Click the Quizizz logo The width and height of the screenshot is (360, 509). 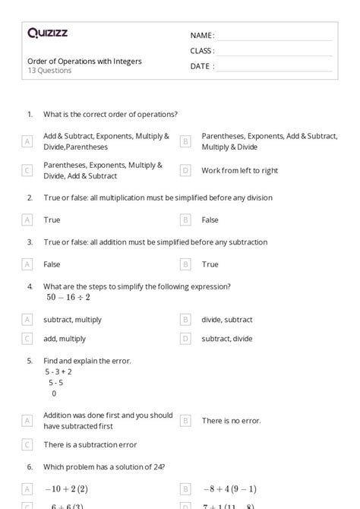47,33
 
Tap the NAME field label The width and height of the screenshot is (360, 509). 201,36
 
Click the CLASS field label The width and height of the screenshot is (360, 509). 202,51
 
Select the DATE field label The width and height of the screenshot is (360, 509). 201,66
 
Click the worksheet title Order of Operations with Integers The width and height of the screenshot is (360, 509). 84,61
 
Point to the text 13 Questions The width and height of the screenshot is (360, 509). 49,71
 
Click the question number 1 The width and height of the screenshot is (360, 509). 30,114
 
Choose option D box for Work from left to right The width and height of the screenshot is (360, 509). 185,171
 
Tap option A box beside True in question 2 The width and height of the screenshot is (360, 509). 27,220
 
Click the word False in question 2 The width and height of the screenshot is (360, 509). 210,220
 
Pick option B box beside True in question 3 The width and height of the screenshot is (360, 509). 185,264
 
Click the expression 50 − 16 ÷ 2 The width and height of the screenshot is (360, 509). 68,297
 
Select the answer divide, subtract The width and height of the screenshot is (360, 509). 227,320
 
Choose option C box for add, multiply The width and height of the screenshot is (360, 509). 27,339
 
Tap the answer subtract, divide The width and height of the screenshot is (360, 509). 227,339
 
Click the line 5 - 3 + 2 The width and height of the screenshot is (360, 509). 58,371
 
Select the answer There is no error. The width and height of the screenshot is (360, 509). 231,420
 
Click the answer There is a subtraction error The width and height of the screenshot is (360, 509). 90,444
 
